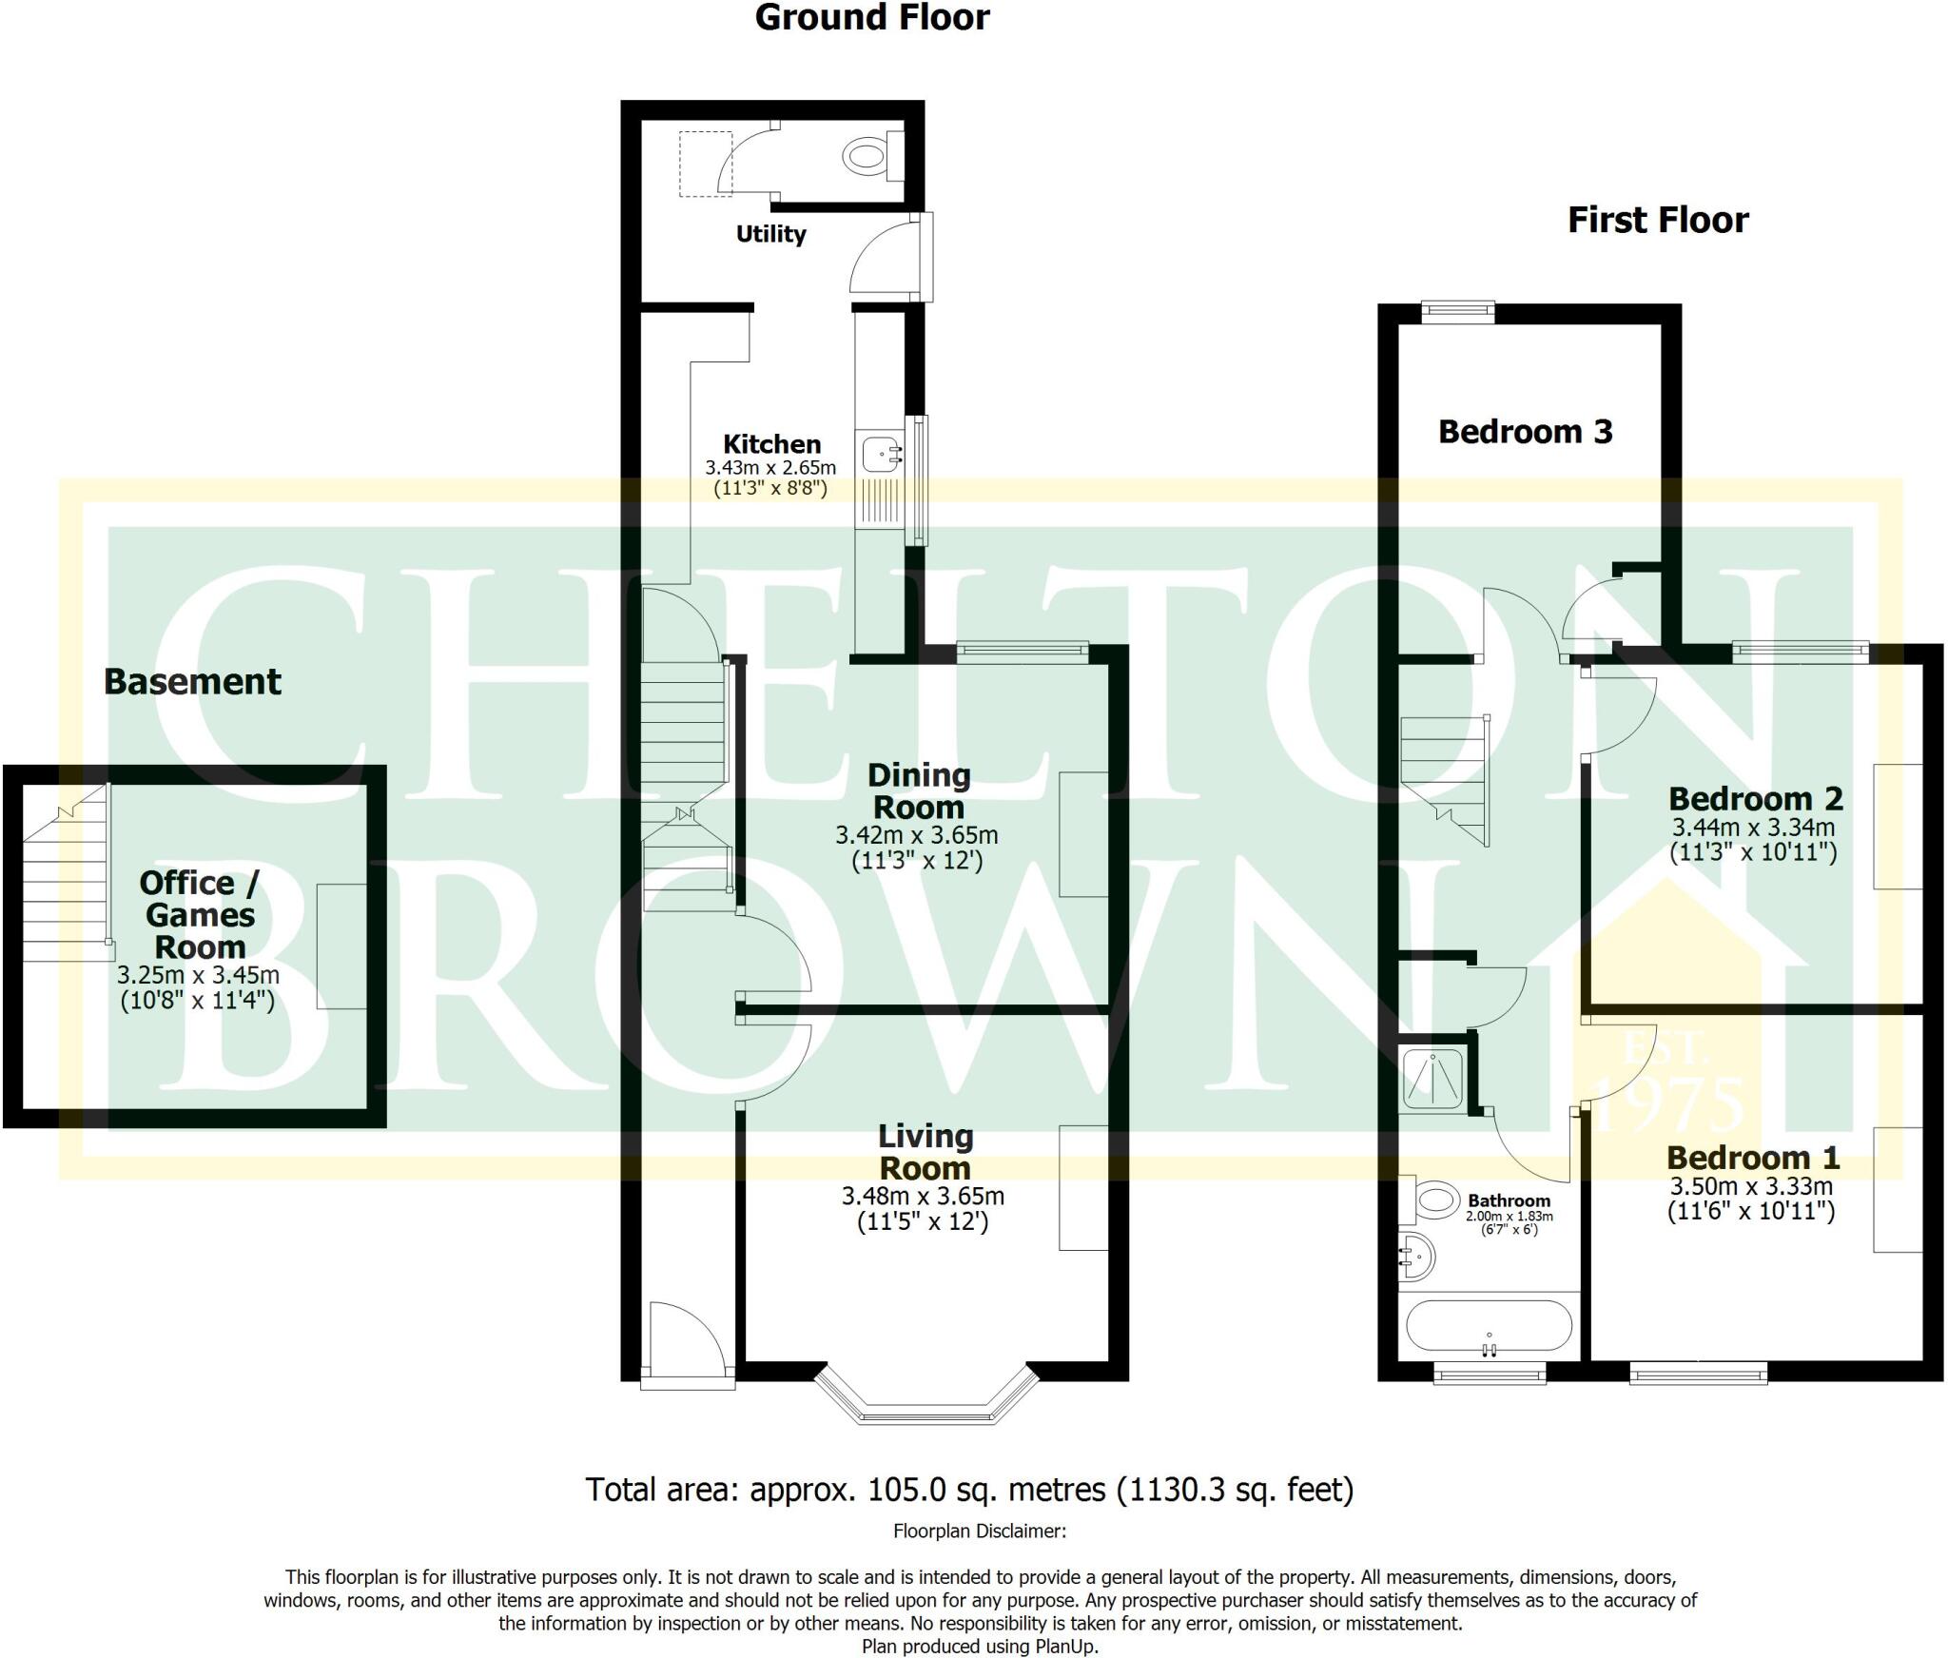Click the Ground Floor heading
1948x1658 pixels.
pos(871,18)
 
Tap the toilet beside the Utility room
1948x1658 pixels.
pos(866,155)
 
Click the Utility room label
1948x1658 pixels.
pos(770,234)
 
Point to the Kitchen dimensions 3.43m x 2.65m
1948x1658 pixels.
pos(769,468)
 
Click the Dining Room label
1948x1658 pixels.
pos(918,791)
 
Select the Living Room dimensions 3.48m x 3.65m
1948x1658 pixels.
pos(923,1197)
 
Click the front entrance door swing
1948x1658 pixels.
pos(683,1338)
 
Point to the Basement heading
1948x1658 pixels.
pos(192,682)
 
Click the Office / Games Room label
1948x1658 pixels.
pos(199,914)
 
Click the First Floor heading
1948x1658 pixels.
pos(1657,221)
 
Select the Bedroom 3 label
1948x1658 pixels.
pos(1525,432)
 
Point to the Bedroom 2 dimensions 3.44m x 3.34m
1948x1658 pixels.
pos(1752,828)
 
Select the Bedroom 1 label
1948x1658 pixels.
pos(1752,1158)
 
